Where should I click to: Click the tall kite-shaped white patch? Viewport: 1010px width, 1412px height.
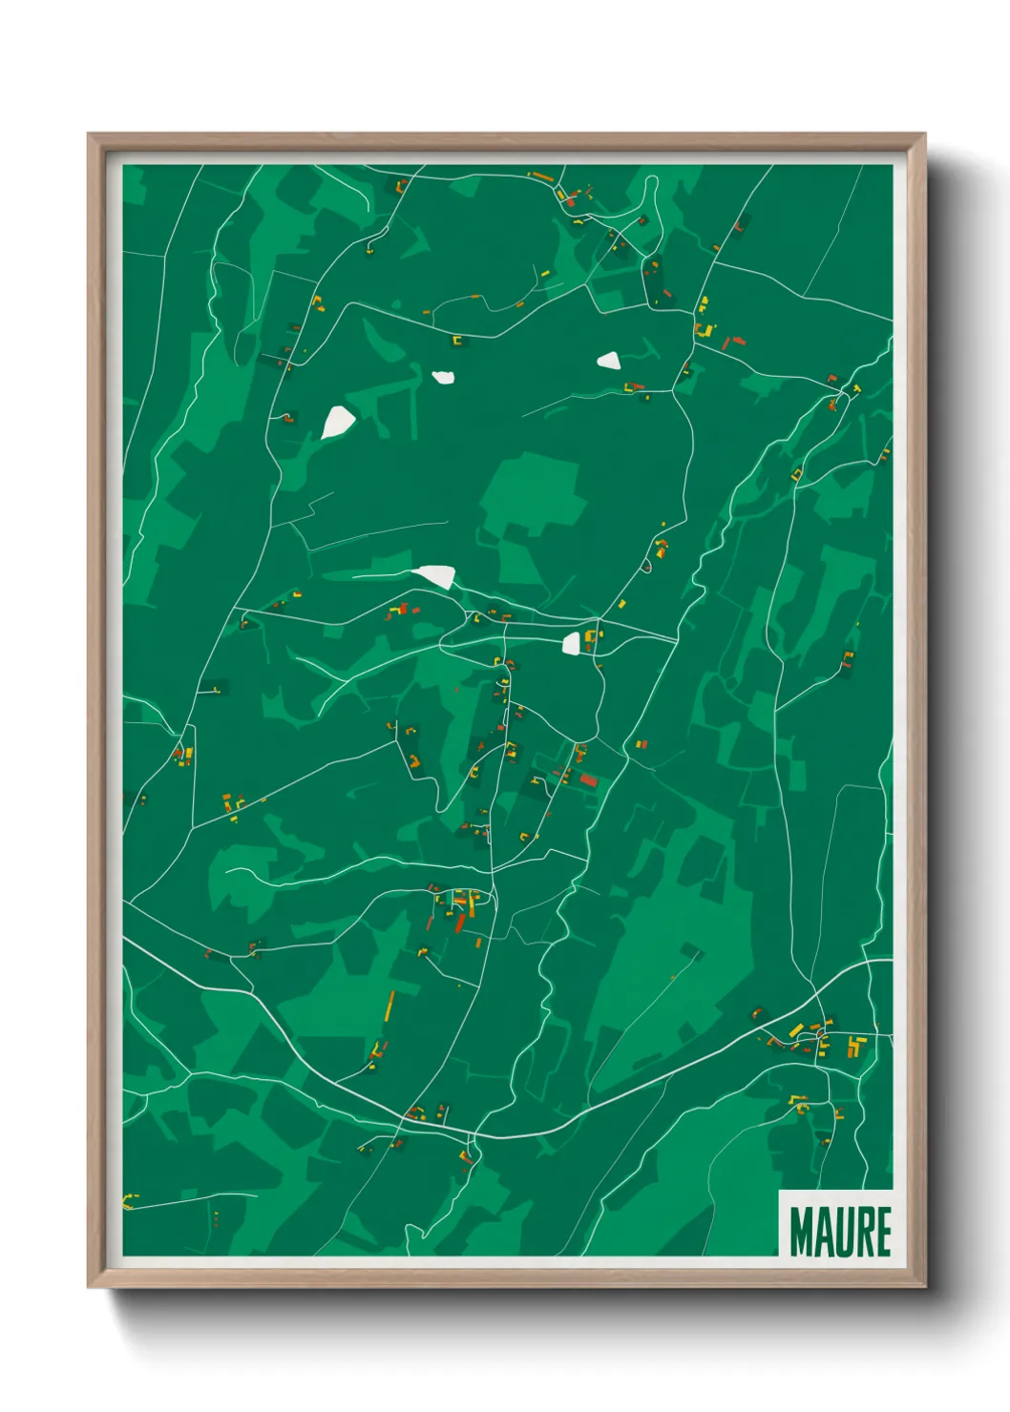[x=338, y=421]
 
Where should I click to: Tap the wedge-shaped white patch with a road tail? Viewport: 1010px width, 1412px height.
[x=435, y=575]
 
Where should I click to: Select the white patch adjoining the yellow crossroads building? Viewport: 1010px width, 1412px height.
[x=571, y=643]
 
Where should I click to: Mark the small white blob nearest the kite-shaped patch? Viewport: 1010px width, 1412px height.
[x=443, y=377]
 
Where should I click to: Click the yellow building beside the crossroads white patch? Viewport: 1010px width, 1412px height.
[x=591, y=636]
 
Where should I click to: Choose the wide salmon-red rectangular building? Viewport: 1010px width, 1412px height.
[x=588, y=780]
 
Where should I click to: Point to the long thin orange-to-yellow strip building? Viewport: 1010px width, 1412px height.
[x=389, y=1006]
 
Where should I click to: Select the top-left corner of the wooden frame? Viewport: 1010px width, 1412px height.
[x=89, y=135]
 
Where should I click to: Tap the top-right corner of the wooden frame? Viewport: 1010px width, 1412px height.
[x=924, y=135]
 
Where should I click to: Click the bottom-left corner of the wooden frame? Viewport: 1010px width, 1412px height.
[x=89, y=1286]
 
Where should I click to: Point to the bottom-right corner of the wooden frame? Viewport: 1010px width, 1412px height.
[x=924, y=1286]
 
